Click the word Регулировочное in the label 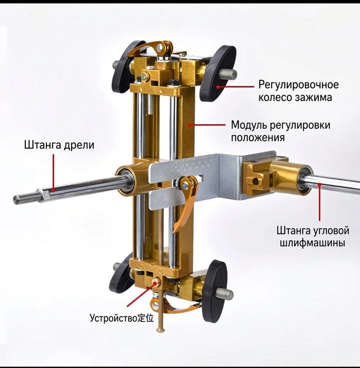(x=298, y=85)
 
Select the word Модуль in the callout (x=248, y=125)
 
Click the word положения (x=257, y=137)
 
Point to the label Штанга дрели (x=59, y=145)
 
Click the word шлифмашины (x=313, y=243)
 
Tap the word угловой (x=331, y=230)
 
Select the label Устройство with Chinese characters (x=122, y=318)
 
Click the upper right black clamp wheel (x=217, y=73)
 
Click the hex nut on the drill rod (x=43, y=195)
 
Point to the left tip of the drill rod (x=14, y=200)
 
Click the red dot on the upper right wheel (x=218, y=87)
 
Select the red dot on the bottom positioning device (x=155, y=283)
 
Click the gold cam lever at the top (x=151, y=48)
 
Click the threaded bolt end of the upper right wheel (x=228, y=74)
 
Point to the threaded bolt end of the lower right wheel (x=225, y=293)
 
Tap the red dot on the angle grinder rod (x=319, y=185)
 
